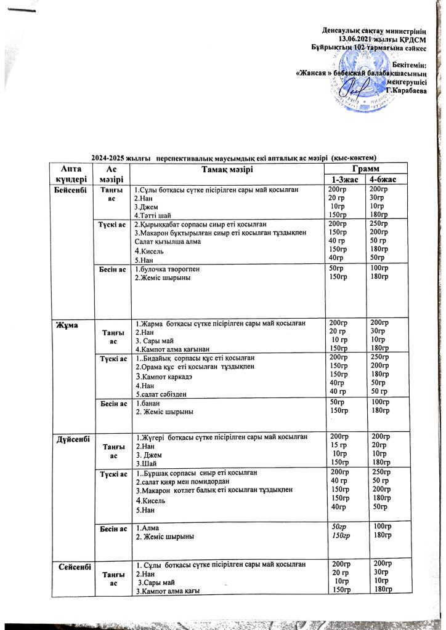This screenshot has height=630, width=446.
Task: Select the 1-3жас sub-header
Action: click(x=345, y=179)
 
